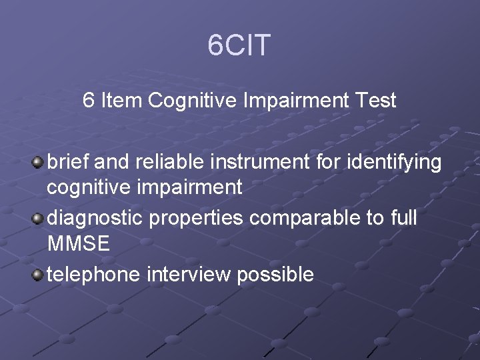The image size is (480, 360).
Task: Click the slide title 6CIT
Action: point(239,45)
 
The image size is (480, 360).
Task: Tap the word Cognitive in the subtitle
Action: point(194,101)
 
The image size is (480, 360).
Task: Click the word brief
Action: point(69,161)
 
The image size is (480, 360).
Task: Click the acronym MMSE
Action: point(78,244)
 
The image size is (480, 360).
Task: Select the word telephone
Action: point(94,274)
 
